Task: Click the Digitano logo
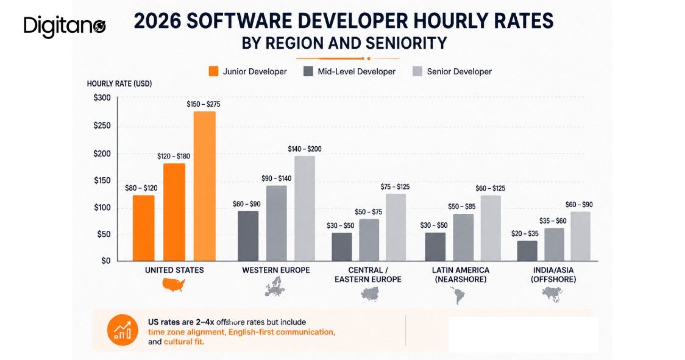pyautogui.click(x=65, y=27)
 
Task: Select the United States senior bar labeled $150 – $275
pyautogui.click(x=204, y=186)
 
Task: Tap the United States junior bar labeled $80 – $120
pyautogui.click(x=143, y=228)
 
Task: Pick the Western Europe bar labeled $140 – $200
pyautogui.click(x=305, y=208)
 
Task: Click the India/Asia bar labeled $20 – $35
pyautogui.click(x=527, y=251)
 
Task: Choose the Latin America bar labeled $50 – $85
pyautogui.click(x=463, y=237)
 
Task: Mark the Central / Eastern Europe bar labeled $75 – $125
pyautogui.click(x=396, y=227)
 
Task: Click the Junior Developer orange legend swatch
pyautogui.click(x=213, y=71)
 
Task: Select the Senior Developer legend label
pyautogui.click(x=459, y=72)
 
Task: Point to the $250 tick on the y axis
pyautogui.click(x=102, y=126)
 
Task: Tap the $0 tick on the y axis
pyautogui.click(x=105, y=261)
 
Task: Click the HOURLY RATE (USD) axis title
pyautogui.click(x=119, y=84)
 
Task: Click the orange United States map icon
pyautogui.click(x=174, y=285)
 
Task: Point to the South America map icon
pyautogui.click(x=458, y=295)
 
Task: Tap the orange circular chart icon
pyautogui.click(x=122, y=330)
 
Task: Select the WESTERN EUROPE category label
pyautogui.click(x=276, y=270)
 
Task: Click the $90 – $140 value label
pyautogui.click(x=277, y=178)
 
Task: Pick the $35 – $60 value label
pyautogui.click(x=553, y=221)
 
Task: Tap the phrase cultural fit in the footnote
pyautogui.click(x=183, y=342)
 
